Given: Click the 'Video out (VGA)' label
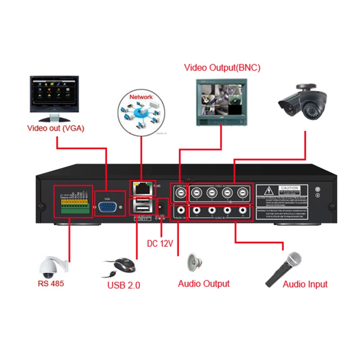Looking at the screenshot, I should (x=56, y=128).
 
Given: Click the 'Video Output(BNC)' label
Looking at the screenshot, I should (x=222, y=67).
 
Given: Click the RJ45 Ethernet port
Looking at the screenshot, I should (x=140, y=189).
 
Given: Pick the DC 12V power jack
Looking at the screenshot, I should (x=163, y=205).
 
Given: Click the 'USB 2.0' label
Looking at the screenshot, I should (x=123, y=285).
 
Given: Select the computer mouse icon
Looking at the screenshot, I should (x=122, y=266).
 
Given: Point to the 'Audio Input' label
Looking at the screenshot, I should (x=305, y=284).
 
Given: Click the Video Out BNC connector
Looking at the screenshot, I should (x=181, y=194).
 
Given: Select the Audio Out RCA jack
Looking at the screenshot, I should (x=181, y=210).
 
